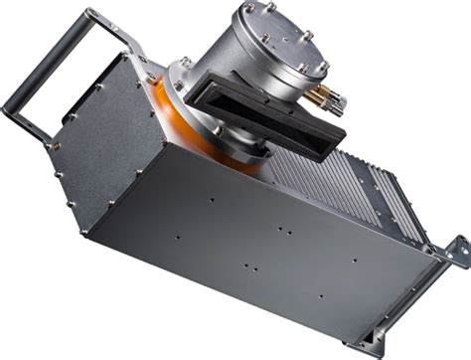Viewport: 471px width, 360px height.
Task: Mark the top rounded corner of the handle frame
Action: tap(91, 14)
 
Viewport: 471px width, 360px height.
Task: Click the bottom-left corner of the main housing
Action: tap(89, 233)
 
